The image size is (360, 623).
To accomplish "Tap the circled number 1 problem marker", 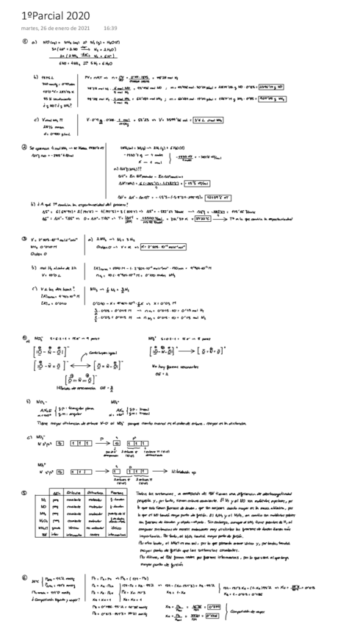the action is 25,42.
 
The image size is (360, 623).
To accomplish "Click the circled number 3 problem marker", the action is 25,240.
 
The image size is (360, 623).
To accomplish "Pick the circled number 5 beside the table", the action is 25,494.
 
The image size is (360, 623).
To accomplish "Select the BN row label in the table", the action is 43,534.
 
